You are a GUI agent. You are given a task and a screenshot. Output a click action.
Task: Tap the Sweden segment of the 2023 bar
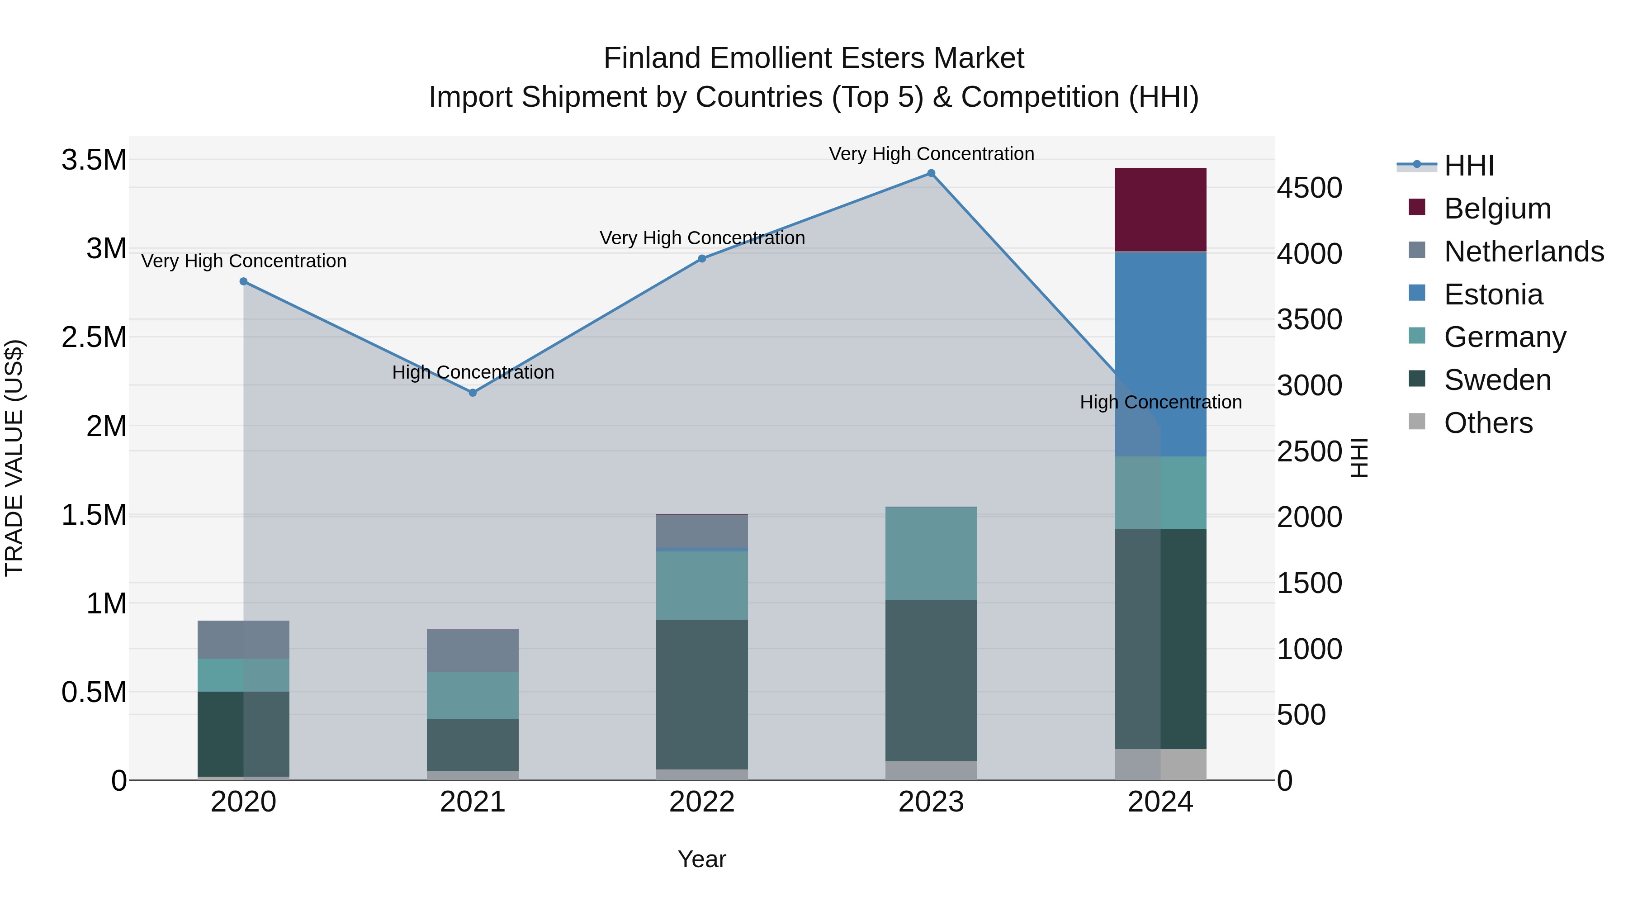coord(931,680)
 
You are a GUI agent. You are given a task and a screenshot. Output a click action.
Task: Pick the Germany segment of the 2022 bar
coord(701,585)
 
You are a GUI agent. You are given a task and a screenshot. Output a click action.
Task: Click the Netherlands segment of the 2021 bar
coord(473,650)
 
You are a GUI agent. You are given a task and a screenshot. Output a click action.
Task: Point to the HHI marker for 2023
coord(931,173)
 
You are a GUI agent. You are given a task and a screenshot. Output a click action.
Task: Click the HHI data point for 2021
coord(473,393)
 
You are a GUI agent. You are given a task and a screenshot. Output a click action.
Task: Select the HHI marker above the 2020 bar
coord(243,281)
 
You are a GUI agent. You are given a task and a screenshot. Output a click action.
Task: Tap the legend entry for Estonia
coord(1493,294)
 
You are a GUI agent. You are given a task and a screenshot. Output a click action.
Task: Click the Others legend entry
coord(1488,423)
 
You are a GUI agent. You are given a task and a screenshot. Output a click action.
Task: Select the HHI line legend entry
coord(1469,166)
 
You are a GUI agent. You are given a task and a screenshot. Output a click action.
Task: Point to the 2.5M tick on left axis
coord(94,337)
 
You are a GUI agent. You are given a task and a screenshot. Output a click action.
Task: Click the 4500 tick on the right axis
coord(1310,188)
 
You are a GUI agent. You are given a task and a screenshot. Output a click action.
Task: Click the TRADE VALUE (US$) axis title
coord(14,458)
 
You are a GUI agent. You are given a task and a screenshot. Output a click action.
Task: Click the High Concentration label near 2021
coord(473,372)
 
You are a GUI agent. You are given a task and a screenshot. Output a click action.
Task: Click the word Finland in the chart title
coord(653,58)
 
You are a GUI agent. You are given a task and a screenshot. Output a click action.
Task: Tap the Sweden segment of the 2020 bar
coord(243,734)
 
